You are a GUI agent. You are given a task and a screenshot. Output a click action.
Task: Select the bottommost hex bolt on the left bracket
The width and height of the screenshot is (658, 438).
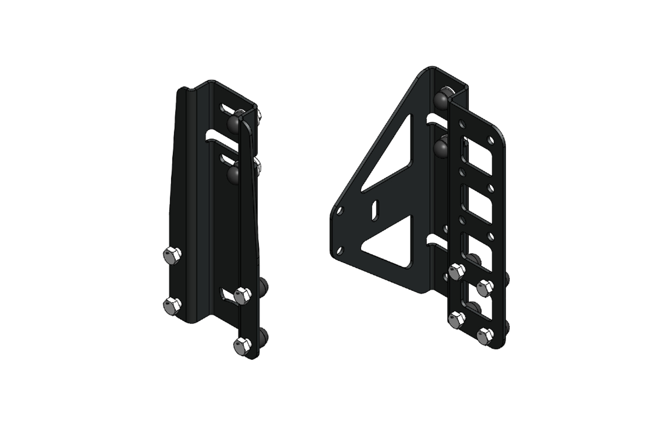[x=242, y=345]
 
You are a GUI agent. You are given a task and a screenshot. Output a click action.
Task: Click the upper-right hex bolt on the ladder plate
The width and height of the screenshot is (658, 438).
[x=484, y=287]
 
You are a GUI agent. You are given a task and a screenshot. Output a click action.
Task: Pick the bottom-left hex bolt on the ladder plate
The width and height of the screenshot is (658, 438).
[x=457, y=319]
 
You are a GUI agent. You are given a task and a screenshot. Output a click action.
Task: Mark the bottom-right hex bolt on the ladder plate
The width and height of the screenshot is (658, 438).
[x=484, y=336]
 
